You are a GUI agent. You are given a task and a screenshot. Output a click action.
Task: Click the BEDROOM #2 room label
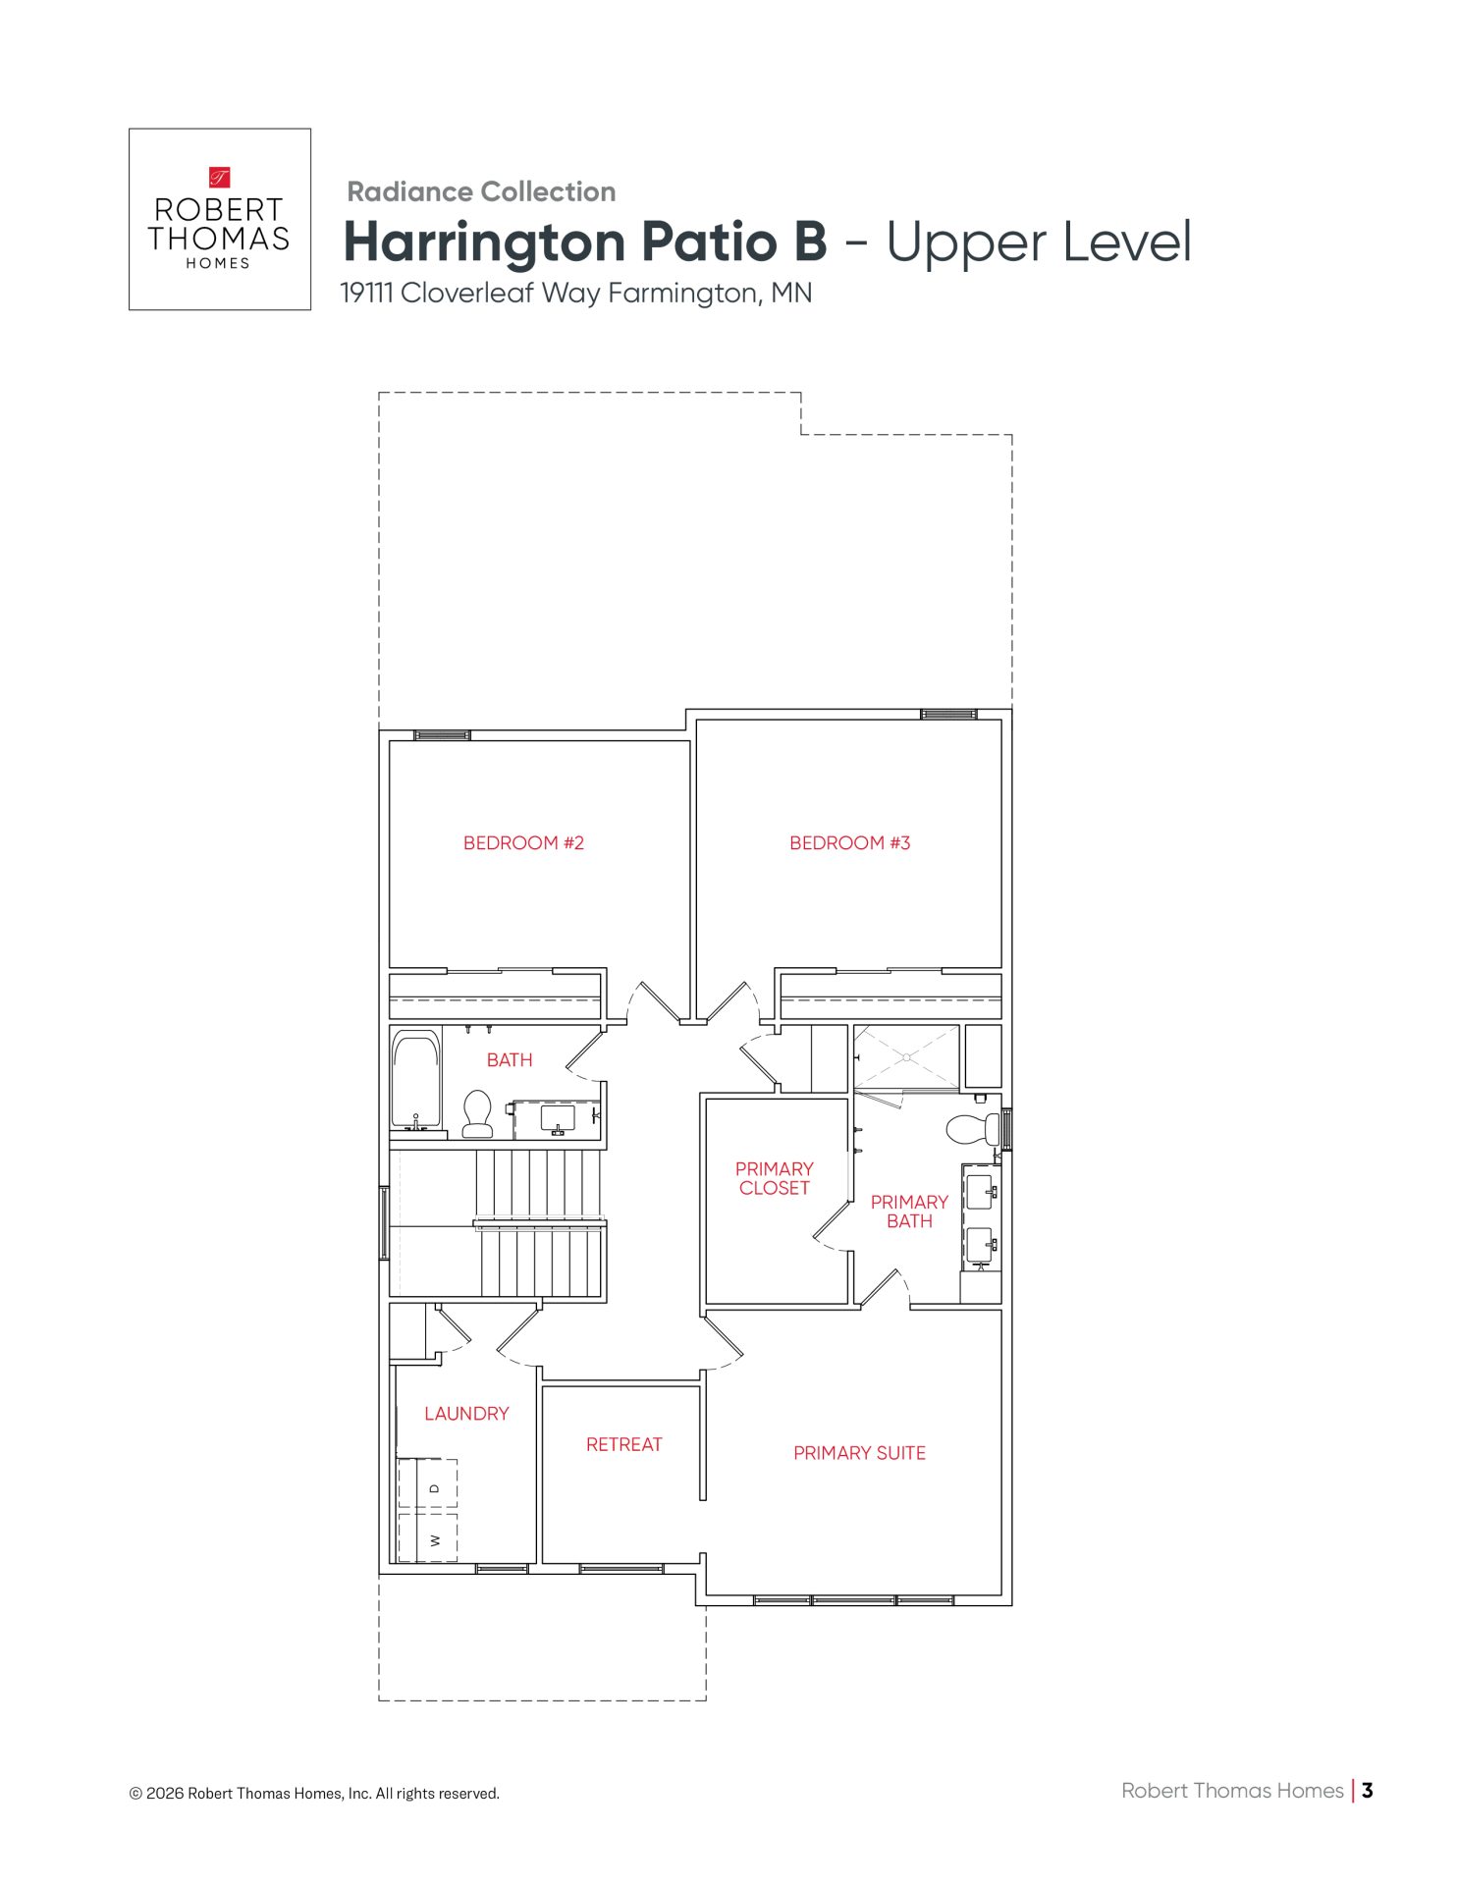[x=523, y=843]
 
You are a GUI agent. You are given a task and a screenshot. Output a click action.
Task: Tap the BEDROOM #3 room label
[x=850, y=843]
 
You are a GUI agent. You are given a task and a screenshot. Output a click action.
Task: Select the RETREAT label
[x=624, y=1444]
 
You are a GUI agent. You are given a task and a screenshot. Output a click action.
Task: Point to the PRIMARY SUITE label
[x=860, y=1453]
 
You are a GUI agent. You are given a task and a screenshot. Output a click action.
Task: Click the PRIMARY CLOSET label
[x=775, y=1178]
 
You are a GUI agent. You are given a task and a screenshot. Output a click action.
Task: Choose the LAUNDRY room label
[x=467, y=1414]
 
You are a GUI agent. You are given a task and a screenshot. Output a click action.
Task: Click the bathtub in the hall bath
[x=416, y=1079]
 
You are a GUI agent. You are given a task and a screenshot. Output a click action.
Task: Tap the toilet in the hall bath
[x=478, y=1113]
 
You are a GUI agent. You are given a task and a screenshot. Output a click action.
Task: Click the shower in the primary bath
[x=906, y=1057]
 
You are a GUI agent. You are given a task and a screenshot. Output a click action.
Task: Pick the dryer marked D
[x=428, y=1486]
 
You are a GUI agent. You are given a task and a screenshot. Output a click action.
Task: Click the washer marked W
[x=428, y=1538]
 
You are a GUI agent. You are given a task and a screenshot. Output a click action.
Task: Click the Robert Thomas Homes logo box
[x=220, y=219]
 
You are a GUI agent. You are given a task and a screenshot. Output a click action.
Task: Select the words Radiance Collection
[x=481, y=191]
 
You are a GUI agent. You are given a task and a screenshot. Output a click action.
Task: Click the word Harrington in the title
[x=485, y=242]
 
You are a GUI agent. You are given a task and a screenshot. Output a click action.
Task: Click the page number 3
[x=1367, y=1790]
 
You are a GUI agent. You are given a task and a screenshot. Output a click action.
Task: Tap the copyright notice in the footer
[x=314, y=1794]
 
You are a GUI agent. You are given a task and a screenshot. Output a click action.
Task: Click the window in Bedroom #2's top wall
[x=442, y=734]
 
